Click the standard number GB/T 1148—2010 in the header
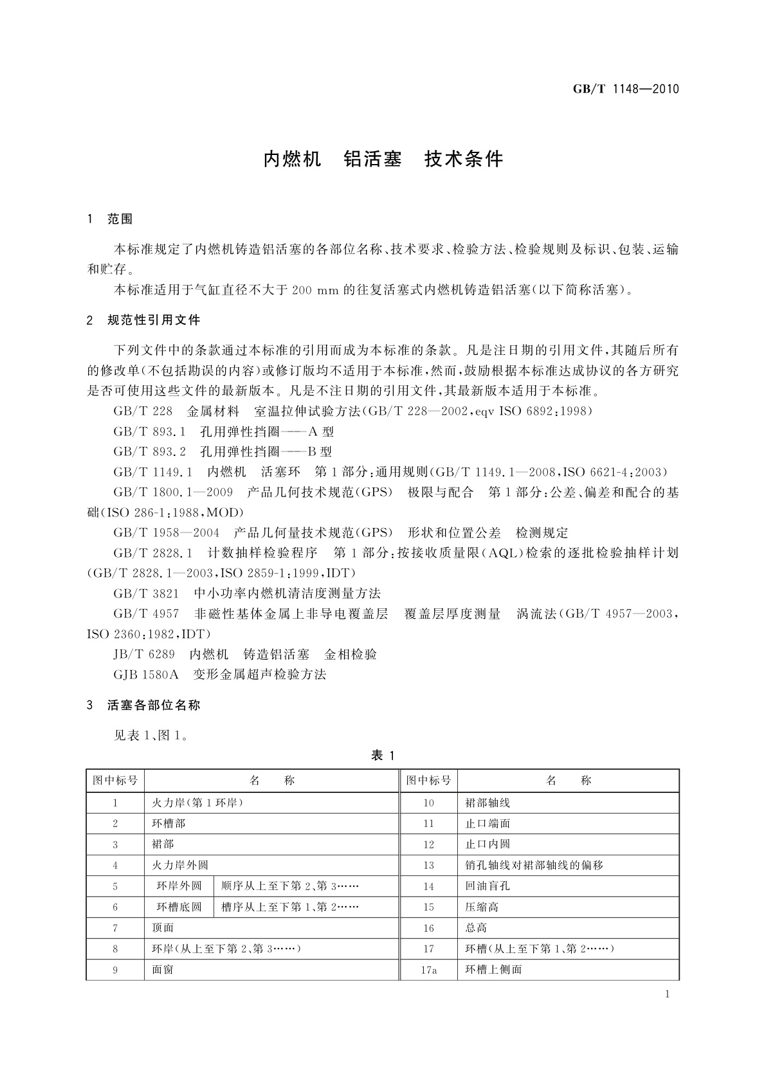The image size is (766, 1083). coord(625,89)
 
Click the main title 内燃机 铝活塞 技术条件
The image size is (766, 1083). coord(383,159)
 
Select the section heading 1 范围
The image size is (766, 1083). coord(110,219)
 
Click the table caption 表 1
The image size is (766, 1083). coord(383,756)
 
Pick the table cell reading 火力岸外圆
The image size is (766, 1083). coord(180,865)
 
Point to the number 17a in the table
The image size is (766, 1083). coord(429,969)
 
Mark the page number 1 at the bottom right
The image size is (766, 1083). coord(668,994)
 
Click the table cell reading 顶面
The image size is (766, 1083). coord(163,927)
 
